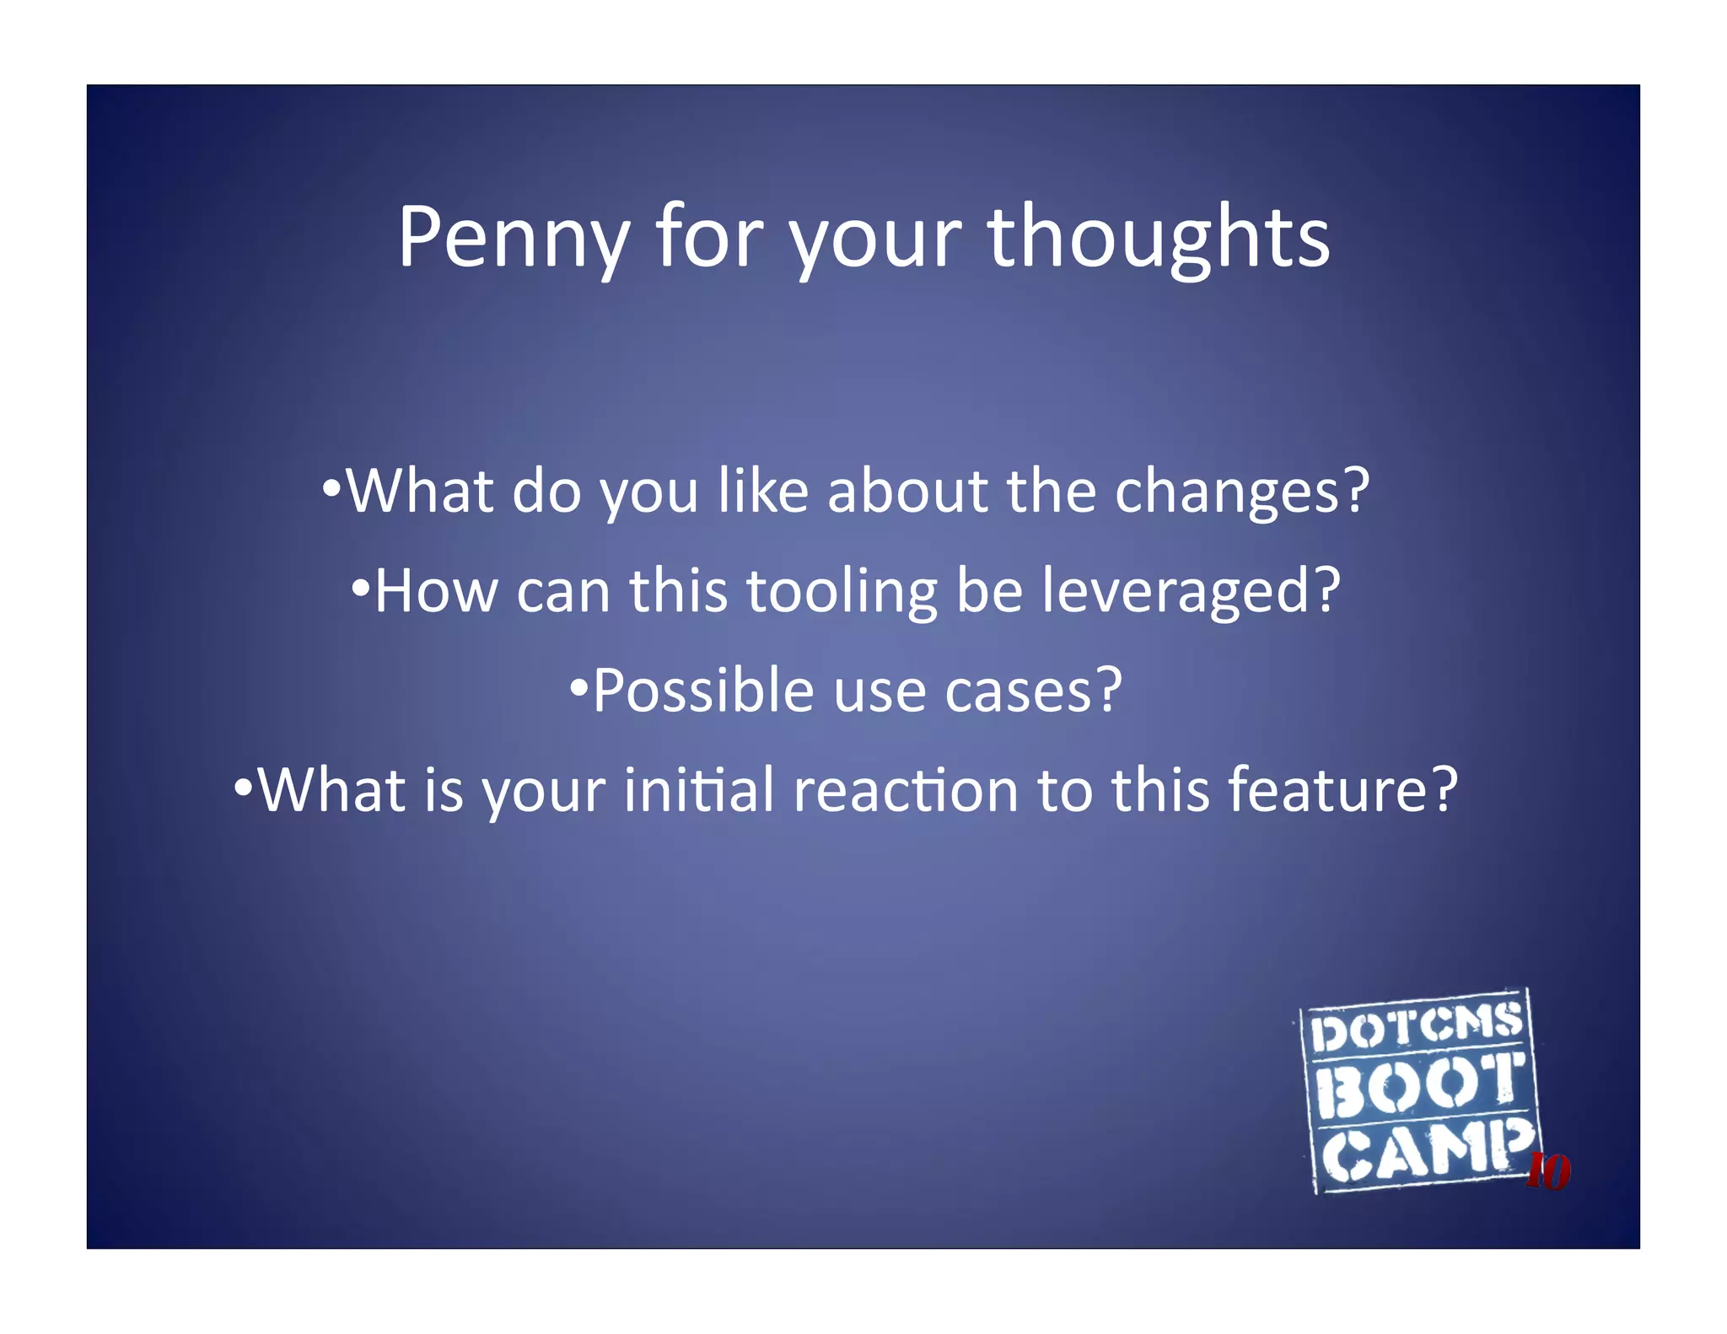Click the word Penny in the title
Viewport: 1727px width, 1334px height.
[x=514, y=239]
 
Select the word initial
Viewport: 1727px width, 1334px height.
[x=698, y=790]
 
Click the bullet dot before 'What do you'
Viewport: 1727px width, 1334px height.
[x=332, y=488]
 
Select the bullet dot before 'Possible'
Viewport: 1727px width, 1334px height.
[x=578, y=686]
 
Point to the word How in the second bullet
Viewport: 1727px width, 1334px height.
[x=436, y=591]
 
